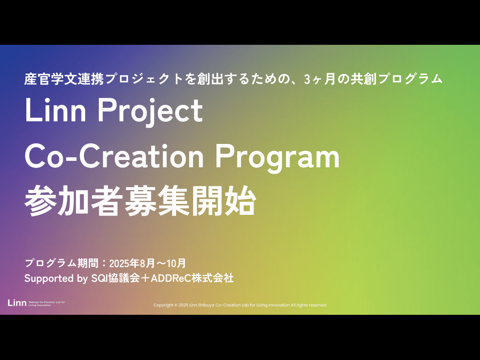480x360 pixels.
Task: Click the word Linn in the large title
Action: click(56, 110)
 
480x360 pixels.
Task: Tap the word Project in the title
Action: click(150, 112)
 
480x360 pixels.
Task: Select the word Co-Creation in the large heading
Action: click(114, 156)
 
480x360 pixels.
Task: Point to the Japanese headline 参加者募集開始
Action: click(140, 200)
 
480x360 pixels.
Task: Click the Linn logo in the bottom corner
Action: click(17, 303)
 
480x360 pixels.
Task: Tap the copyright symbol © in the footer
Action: click(176, 305)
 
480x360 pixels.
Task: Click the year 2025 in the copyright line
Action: click(183, 305)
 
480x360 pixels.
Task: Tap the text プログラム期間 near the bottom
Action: click(62, 263)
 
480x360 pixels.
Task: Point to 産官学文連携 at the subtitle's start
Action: click(64, 79)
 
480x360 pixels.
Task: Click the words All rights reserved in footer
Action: click(308, 305)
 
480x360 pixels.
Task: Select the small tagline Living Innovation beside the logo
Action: click(39, 305)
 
